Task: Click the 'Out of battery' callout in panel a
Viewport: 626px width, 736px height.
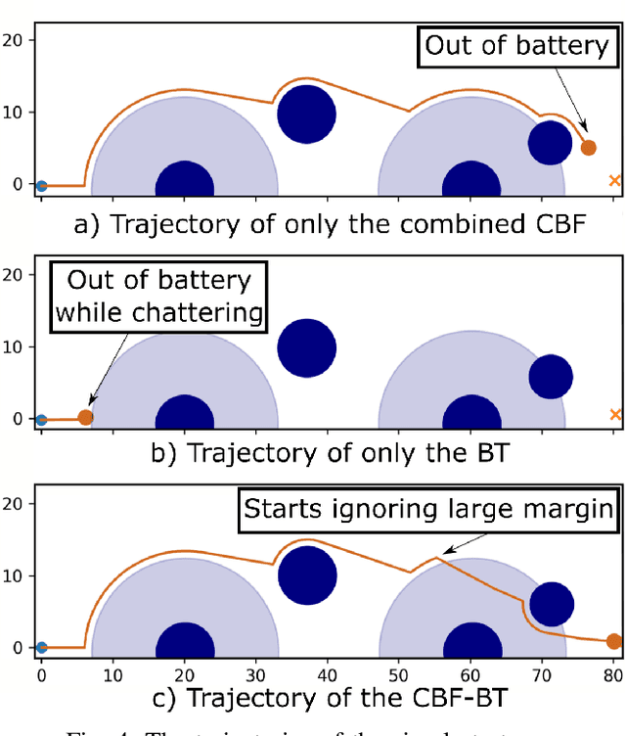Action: (515, 45)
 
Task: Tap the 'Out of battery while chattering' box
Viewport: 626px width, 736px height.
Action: (158, 297)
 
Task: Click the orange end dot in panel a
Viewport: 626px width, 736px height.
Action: (588, 148)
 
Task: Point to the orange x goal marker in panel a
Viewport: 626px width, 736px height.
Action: (614, 180)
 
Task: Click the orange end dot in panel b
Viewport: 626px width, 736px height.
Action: (85, 418)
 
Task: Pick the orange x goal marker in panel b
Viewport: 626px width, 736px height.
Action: (614, 415)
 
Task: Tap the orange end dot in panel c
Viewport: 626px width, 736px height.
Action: (613, 642)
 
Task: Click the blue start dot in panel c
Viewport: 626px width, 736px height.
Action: (41, 647)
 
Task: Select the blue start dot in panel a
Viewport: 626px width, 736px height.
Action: (41, 185)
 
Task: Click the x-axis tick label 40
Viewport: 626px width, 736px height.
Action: (327, 674)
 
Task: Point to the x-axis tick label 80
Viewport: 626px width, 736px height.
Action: (613, 674)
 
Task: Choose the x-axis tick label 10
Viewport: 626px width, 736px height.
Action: (112, 674)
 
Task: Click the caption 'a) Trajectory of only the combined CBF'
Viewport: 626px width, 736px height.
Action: (331, 224)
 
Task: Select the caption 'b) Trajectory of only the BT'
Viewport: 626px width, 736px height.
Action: (331, 454)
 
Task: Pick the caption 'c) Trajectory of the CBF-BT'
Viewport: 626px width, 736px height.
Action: (331, 699)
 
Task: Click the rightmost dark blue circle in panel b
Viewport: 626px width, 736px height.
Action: (550, 377)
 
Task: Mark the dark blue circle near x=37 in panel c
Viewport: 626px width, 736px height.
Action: (306, 575)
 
